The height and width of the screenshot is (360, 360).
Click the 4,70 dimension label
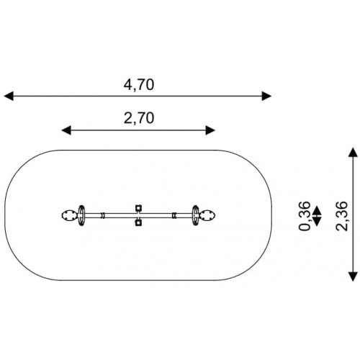pyautogui.click(x=139, y=85)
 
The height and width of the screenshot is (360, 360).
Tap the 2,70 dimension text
pyautogui.click(x=139, y=118)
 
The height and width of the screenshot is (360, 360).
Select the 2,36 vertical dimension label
pyautogui.click(x=341, y=216)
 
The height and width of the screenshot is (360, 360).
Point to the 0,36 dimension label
pyautogui.click(x=305, y=216)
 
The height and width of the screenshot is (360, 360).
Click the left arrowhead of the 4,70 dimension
pyautogui.click(x=9, y=96)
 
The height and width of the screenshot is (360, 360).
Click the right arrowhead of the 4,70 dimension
pyautogui.click(x=266, y=96)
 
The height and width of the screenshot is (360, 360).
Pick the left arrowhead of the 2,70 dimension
pyautogui.click(x=66, y=130)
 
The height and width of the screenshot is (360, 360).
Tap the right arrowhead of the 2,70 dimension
pyautogui.click(x=210, y=130)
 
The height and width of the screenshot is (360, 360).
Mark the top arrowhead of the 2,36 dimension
pyautogui.click(x=353, y=153)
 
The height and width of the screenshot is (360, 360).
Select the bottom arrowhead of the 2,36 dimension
pyautogui.click(x=353, y=276)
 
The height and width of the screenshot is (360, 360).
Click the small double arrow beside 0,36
pyautogui.click(x=317, y=216)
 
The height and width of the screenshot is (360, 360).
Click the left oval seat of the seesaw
pyautogui.click(x=70, y=215)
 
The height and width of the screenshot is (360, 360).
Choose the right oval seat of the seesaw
pyautogui.click(x=207, y=215)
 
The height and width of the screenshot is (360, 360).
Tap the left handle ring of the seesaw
pyautogui.click(x=81, y=215)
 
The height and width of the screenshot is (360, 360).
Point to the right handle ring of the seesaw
pyautogui.click(x=196, y=215)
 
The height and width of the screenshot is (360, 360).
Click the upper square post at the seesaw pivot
pyautogui.click(x=138, y=208)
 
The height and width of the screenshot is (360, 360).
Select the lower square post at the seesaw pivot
pyautogui.click(x=138, y=223)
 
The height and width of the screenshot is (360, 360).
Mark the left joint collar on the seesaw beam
pyautogui.click(x=103, y=215)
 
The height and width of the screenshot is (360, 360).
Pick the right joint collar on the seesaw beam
pyautogui.click(x=174, y=215)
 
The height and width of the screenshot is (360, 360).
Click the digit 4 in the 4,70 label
pyautogui.click(x=128, y=84)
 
